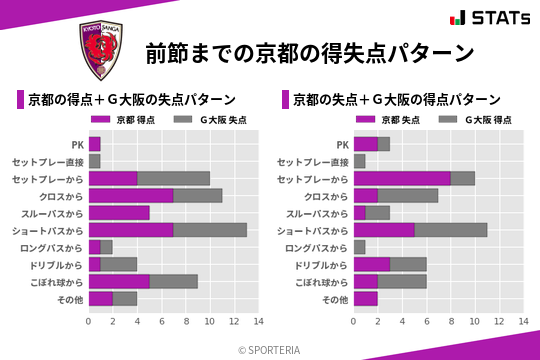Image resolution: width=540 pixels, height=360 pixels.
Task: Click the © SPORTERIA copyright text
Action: (x=270, y=349)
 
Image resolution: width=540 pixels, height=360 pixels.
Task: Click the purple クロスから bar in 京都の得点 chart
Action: (x=131, y=195)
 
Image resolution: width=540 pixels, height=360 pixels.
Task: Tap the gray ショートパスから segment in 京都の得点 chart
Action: (x=209, y=229)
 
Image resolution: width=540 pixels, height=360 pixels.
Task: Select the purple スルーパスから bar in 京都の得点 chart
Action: (x=119, y=212)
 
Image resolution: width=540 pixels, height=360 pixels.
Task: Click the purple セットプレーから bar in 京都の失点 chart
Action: (x=401, y=178)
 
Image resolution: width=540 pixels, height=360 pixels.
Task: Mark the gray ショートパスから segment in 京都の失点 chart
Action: (x=450, y=229)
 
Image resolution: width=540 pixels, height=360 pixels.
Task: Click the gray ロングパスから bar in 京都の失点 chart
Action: (x=359, y=246)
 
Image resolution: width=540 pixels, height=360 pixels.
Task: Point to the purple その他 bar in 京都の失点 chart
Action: (x=365, y=297)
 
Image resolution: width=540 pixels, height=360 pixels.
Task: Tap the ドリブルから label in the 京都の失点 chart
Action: (x=323, y=264)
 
